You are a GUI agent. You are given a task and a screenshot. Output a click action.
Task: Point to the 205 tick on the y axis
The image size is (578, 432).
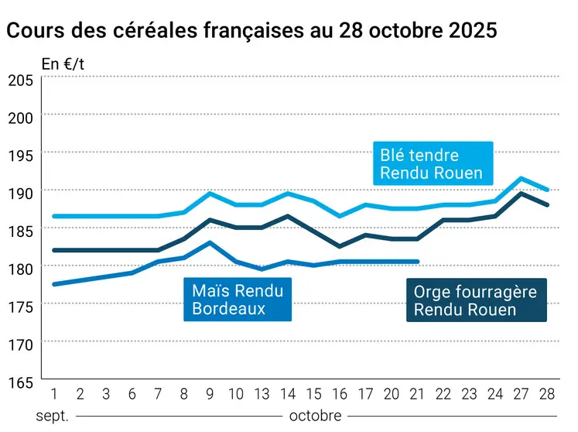coord(20,80)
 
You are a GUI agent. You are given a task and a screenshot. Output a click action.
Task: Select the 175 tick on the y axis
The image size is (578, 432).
coord(20,307)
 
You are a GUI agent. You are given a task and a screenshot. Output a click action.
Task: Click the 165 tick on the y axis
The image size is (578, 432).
coord(20,382)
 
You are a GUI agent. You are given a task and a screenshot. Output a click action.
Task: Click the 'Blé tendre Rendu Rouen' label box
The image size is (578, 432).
coord(431,164)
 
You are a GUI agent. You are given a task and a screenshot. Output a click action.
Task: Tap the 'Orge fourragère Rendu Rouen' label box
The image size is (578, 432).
coord(476,300)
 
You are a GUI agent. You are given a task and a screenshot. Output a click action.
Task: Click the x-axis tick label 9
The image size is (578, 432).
coord(210,393)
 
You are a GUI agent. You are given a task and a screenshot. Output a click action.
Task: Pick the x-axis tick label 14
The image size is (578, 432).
coord(289,393)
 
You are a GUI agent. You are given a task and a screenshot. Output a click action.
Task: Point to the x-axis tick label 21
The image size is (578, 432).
coord(418,393)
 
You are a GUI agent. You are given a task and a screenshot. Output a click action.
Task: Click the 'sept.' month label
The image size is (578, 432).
coord(53,416)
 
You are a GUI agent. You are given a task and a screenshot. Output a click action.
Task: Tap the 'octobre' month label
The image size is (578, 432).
coord(315,416)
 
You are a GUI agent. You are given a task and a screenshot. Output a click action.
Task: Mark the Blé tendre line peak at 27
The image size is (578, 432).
coord(522,178)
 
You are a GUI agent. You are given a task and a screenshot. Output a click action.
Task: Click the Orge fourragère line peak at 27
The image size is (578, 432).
coord(522,194)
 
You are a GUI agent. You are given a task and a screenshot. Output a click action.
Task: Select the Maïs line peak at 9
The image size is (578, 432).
coord(210,242)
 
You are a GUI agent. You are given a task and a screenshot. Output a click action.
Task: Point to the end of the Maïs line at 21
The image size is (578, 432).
coord(418,262)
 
